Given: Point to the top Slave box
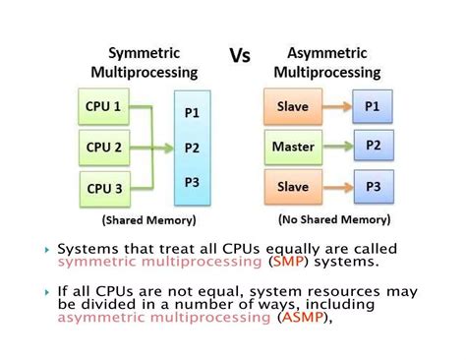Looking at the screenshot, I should (293, 106).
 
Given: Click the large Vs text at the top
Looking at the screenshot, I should (240, 55).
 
